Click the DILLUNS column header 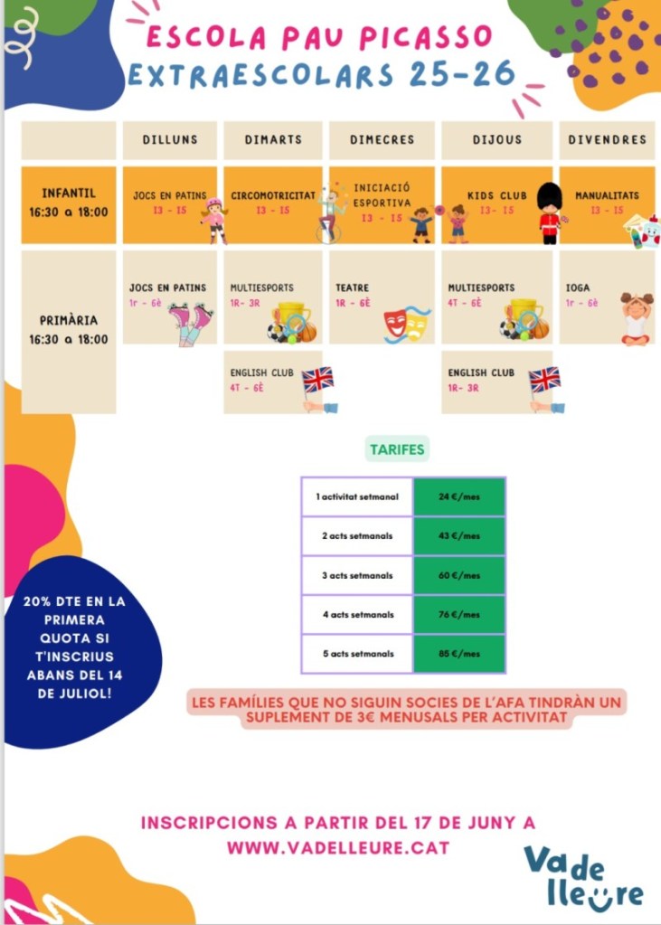(x=169, y=140)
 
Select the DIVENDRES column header (x=607, y=140)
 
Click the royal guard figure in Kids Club (x=549, y=213)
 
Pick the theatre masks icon (x=406, y=323)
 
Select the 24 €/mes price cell (x=458, y=496)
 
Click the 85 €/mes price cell (x=458, y=654)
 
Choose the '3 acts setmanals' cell (x=357, y=575)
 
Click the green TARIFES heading (x=397, y=448)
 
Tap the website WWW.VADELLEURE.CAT (x=337, y=848)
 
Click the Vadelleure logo (x=583, y=874)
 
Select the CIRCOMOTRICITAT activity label (x=272, y=195)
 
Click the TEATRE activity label (x=352, y=288)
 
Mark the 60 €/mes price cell (x=458, y=575)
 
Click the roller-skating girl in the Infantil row (x=215, y=220)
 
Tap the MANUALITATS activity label (x=607, y=195)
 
